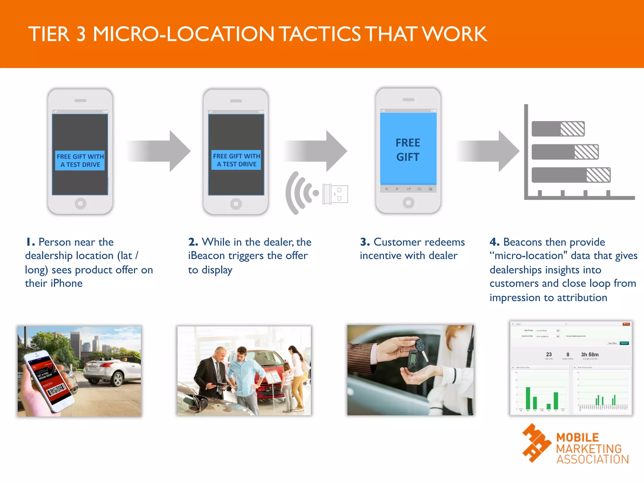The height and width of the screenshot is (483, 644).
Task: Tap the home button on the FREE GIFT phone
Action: [408, 203]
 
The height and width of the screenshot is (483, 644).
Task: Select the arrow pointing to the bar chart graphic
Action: [487, 151]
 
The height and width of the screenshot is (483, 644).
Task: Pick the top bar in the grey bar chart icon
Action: [558, 129]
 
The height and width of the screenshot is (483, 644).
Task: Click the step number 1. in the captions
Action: [30, 242]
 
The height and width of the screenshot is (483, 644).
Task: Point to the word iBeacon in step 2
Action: [206, 256]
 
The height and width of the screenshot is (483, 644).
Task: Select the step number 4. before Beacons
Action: [494, 242]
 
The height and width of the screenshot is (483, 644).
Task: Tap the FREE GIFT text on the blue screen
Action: [408, 150]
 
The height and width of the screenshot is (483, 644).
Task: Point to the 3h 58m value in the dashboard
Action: [590, 354]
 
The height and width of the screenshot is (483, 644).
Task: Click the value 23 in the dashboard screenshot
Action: [549, 354]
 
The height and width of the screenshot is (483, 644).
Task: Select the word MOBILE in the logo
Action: [577, 437]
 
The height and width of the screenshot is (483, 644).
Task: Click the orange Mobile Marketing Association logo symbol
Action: [536, 443]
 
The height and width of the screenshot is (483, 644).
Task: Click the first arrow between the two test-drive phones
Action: [159, 151]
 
